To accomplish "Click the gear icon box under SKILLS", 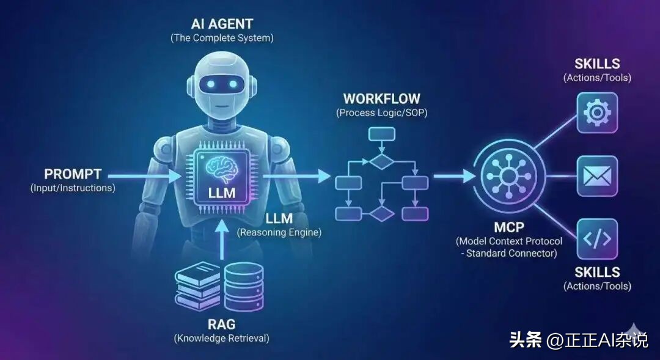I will coord(597,113).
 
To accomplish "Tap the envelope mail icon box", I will coord(597,177).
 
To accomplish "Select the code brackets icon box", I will coord(597,239).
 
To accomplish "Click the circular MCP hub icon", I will coord(508,177).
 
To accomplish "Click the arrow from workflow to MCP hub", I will coord(454,177).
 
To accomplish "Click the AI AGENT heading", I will coord(222,25).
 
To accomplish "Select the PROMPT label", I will coord(73,174).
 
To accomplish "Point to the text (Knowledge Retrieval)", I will coord(221,338).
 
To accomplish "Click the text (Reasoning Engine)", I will coord(279,232).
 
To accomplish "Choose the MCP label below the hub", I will coord(508,227).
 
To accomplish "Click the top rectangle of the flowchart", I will coord(382,134).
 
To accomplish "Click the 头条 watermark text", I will coord(526,340).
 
